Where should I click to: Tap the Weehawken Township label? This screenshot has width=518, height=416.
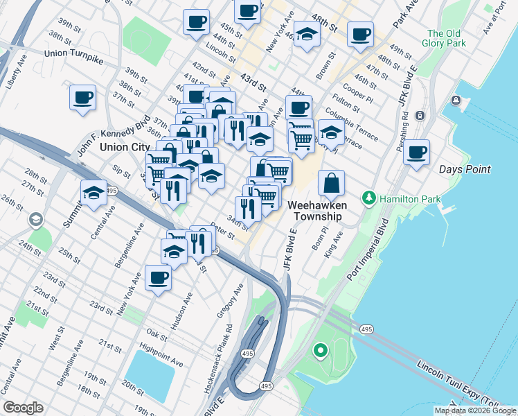315,211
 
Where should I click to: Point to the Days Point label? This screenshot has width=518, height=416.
465,169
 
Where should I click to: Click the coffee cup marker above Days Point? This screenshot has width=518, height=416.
417,153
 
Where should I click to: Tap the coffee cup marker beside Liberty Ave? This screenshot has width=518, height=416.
83,97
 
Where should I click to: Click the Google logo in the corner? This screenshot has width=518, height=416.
23,408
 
